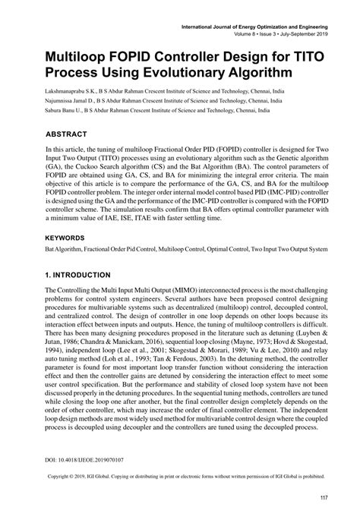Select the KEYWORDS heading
[x=68, y=237]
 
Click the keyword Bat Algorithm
[x=65, y=248]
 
